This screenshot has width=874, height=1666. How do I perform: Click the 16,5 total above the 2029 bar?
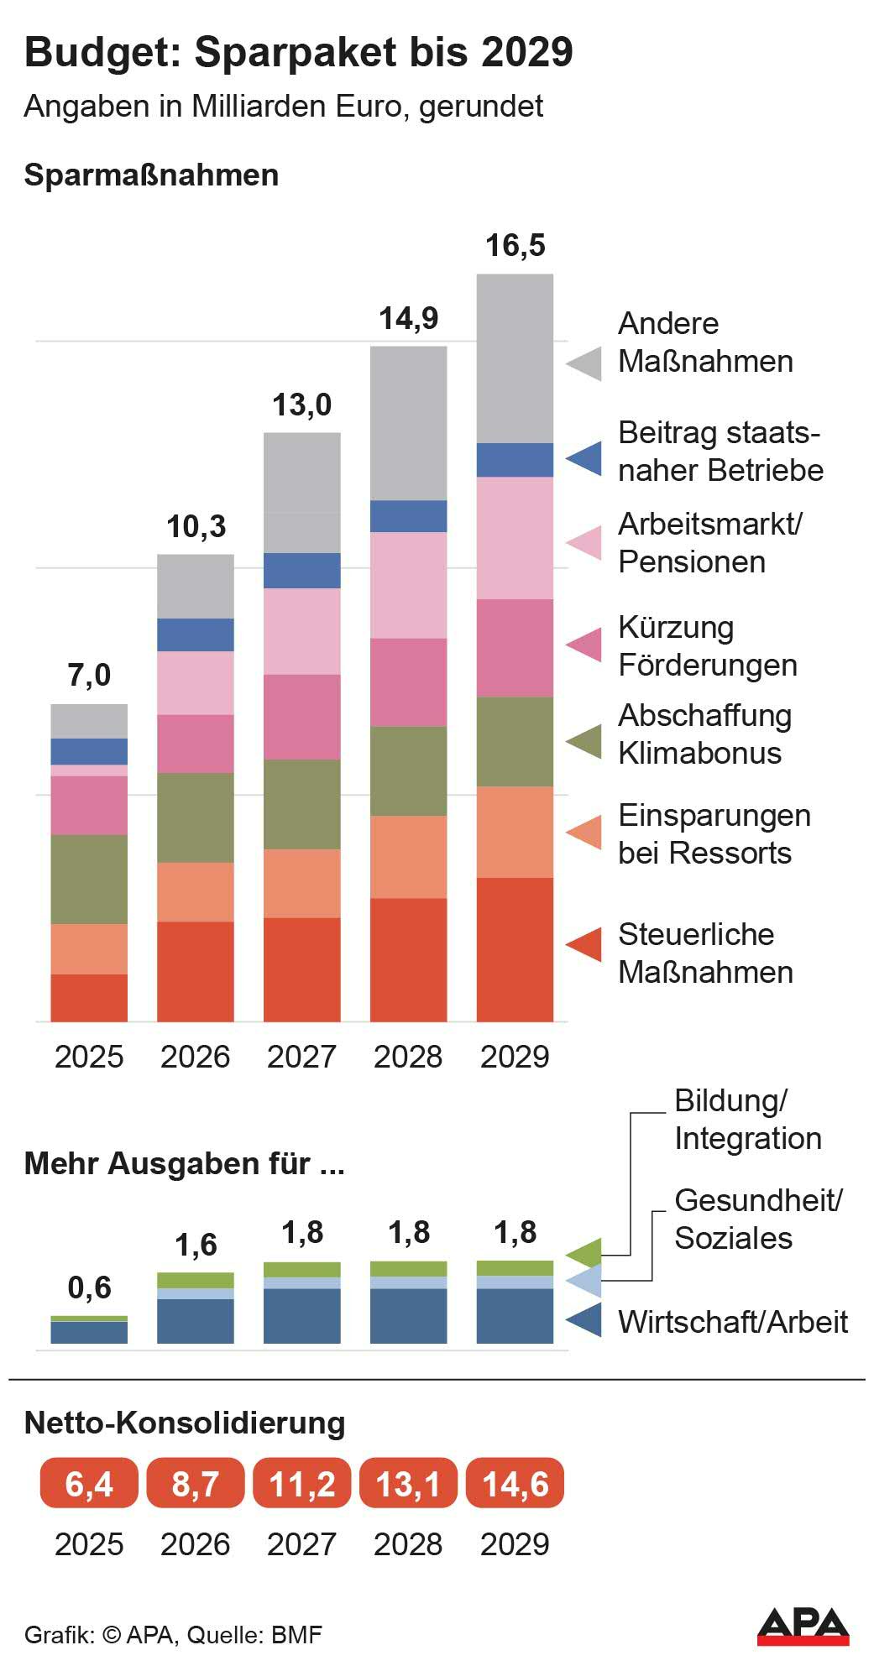(515, 246)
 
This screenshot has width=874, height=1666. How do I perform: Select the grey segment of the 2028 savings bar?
(408, 423)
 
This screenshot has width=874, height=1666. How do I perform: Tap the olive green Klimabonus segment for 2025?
(89, 879)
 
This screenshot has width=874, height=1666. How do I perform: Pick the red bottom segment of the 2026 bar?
(196, 971)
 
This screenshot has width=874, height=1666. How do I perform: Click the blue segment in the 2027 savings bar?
(302, 571)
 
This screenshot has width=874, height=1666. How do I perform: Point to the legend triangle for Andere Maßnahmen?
(584, 363)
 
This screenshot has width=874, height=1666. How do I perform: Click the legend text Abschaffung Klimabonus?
(704, 734)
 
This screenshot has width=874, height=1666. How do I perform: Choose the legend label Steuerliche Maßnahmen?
(704, 953)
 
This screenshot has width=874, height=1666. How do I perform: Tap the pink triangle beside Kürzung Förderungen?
(584, 644)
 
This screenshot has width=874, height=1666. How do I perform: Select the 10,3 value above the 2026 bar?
(196, 527)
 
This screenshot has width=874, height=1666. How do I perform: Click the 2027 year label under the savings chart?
(302, 1057)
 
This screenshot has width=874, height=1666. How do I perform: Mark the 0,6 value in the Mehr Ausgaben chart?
(89, 1287)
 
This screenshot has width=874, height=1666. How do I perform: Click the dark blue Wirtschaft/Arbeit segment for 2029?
(515, 1315)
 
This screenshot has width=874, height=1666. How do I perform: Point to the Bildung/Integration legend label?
(746, 1120)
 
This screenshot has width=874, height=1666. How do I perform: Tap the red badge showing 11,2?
(302, 1484)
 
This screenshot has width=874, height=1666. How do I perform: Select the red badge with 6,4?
(89, 1484)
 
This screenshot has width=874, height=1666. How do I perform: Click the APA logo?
(803, 1626)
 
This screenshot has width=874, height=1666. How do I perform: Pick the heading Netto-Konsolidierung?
(185, 1423)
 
